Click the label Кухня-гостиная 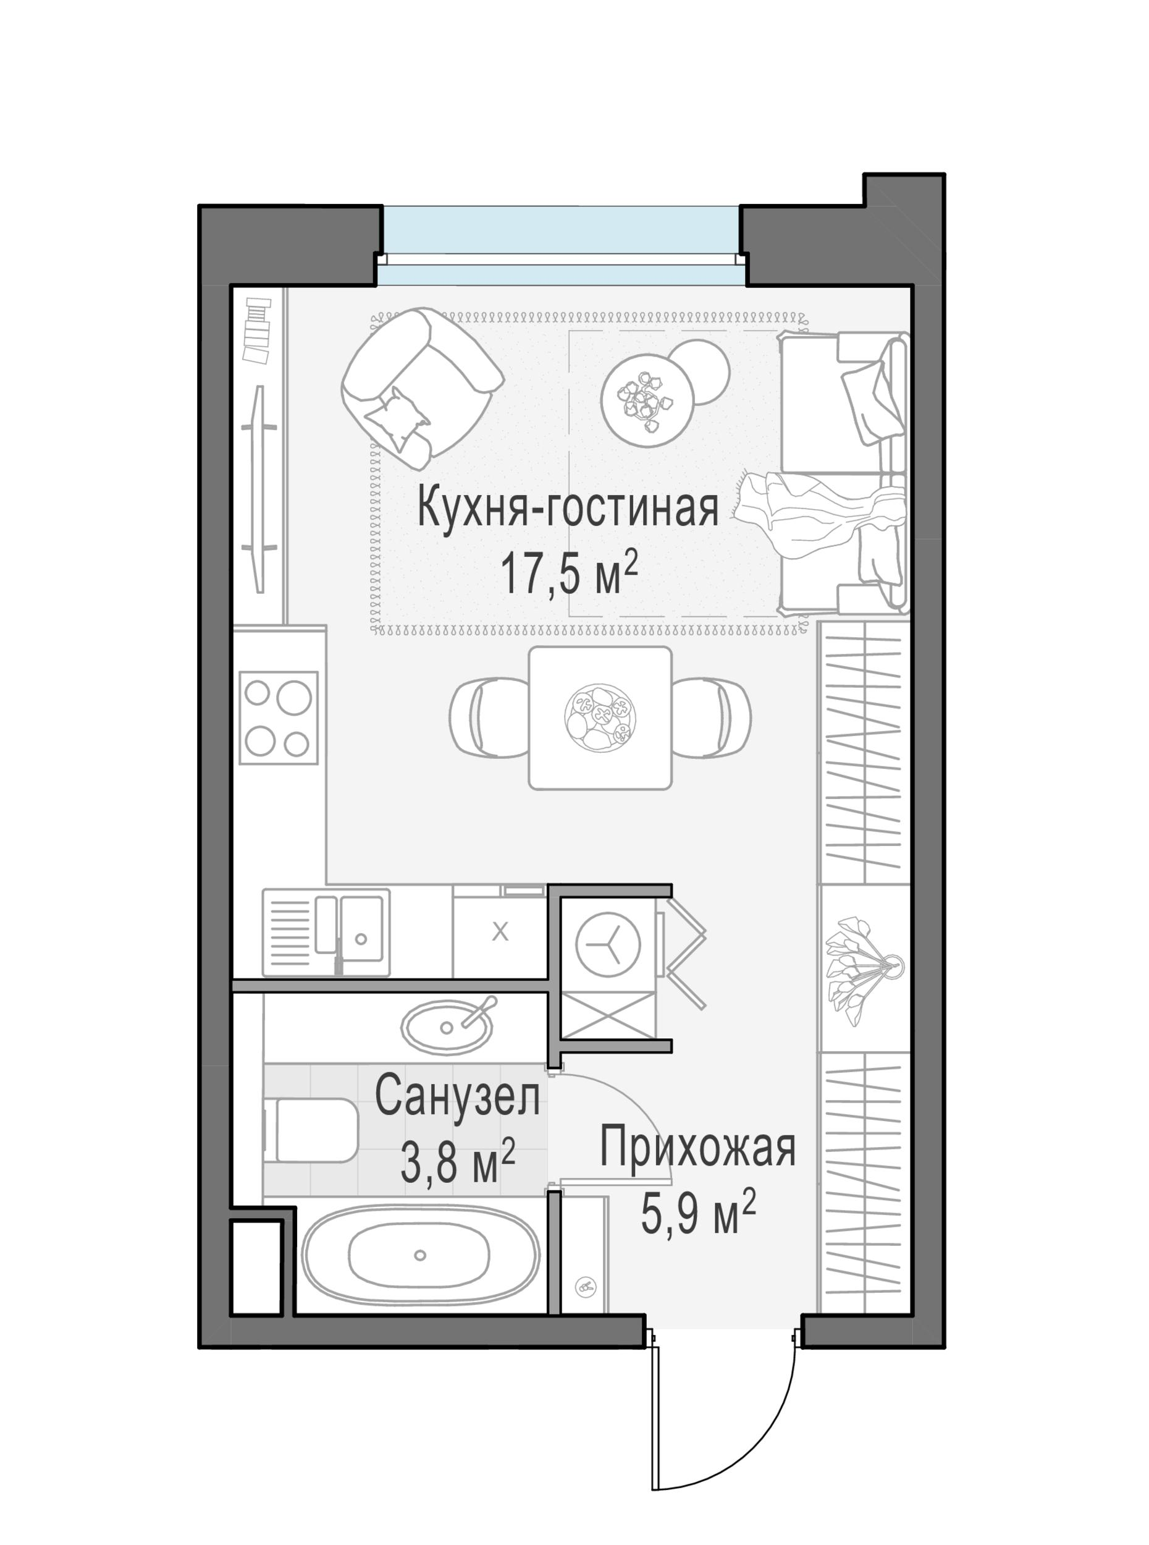(568, 509)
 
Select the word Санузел (457, 1098)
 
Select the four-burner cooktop (278, 718)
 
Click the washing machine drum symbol (608, 945)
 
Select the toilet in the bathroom (313, 1130)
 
